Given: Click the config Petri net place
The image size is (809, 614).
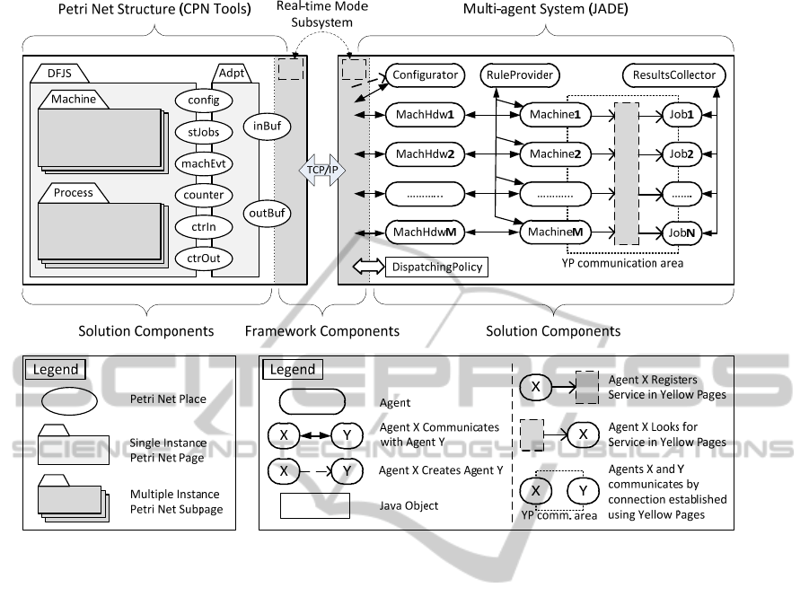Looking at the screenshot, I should [x=205, y=101].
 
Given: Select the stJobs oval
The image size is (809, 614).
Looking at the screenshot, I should [x=205, y=132].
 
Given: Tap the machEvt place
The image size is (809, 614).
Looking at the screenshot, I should [x=205, y=163].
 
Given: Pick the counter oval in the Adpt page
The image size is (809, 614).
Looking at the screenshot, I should [x=205, y=195].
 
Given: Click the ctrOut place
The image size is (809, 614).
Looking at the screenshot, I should [x=205, y=259].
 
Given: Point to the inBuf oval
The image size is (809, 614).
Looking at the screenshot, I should [x=267, y=127].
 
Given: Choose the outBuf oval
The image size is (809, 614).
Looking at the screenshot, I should [x=267, y=213].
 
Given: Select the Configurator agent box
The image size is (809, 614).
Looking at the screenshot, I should [x=425, y=75].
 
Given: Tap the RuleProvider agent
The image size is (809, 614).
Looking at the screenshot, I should [x=521, y=75].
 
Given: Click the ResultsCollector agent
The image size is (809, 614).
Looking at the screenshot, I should [x=674, y=75].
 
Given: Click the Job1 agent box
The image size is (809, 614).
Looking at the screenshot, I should [x=684, y=114].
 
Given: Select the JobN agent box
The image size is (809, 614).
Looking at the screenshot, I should [x=684, y=232].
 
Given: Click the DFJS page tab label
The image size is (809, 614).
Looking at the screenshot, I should [x=59, y=75].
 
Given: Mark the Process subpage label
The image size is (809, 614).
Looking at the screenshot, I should [x=74, y=192].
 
